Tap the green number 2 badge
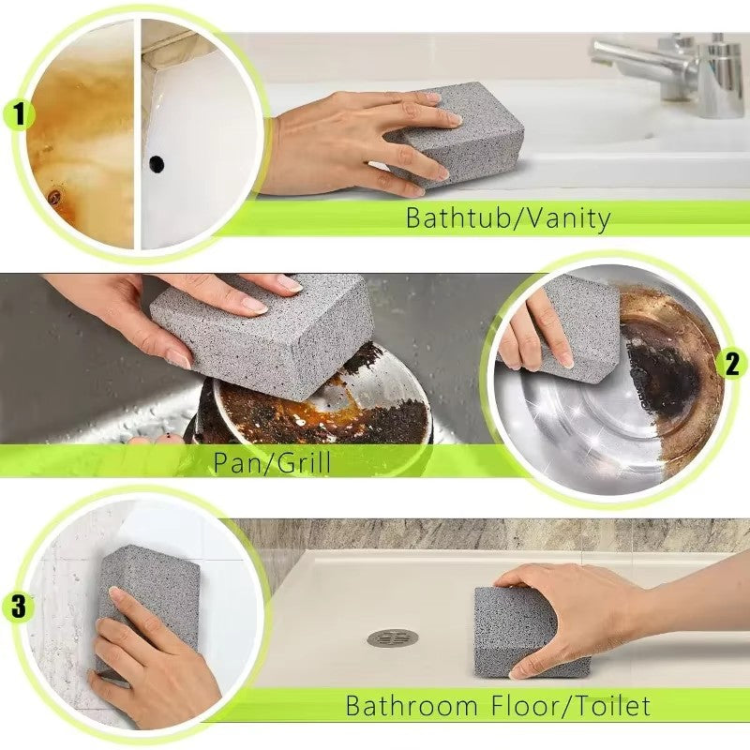pyautogui.click(x=731, y=364)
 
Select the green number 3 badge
pyautogui.click(x=20, y=607)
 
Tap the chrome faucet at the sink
pyautogui.click(x=656, y=66)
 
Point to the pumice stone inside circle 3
pyautogui.click(x=141, y=581)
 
